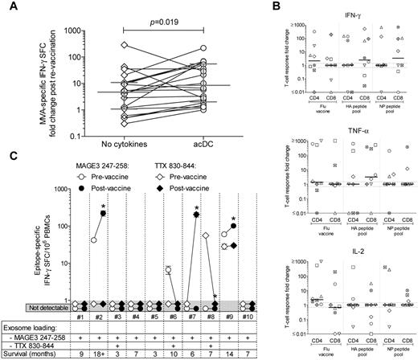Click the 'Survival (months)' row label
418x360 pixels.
[33, 352]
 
